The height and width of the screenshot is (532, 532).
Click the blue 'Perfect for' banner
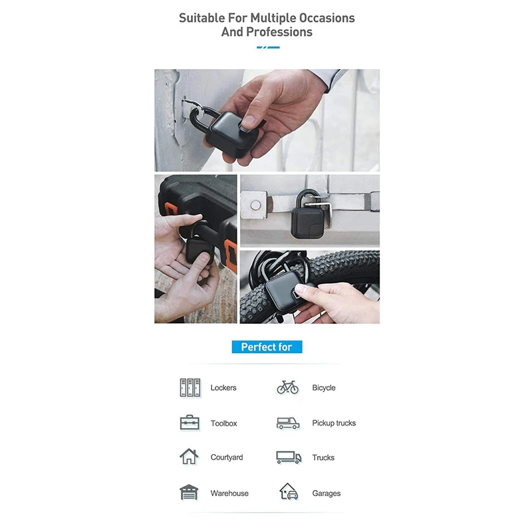pyautogui.click(x=267, y=346)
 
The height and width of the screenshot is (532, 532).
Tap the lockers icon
pyautogui.click(x=190, y=388)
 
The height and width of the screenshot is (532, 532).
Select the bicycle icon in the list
pyautogui.click(x=288, y=387)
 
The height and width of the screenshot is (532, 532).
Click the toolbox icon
pyautogui.click(x=190, y=422)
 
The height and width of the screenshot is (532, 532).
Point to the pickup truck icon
pyautogui.click(x=288, y=423)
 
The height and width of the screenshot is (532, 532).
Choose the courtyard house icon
pyautogui.click(x=189, y=456)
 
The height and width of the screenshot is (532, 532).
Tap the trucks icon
pyautogui.click(x=289, y=458)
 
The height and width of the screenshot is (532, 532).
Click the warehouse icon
pyautogui.click(x=189, y=492)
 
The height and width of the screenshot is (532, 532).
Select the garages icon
pyautogui.click(x=289, y=491)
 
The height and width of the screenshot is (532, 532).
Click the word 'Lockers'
pyautogui.click(x=223, y=388)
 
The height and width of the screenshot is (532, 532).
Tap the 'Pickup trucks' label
pyautogui.click(x=334, y=423)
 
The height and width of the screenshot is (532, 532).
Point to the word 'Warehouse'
pyautogui.click(x=229, y=493)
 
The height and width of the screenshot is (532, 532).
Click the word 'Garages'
pyautogui.click(x=327, y=493)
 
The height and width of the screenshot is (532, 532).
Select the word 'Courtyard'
pyautogui.click(x=227, y=458)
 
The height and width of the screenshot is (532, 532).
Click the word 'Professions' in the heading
pyautogui.click(x=279, y=32)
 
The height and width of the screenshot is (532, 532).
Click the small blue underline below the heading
pyautogui.click(x=268, y=47)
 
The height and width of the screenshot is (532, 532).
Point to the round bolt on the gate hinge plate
pyautogui.click(x=255, y=205)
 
